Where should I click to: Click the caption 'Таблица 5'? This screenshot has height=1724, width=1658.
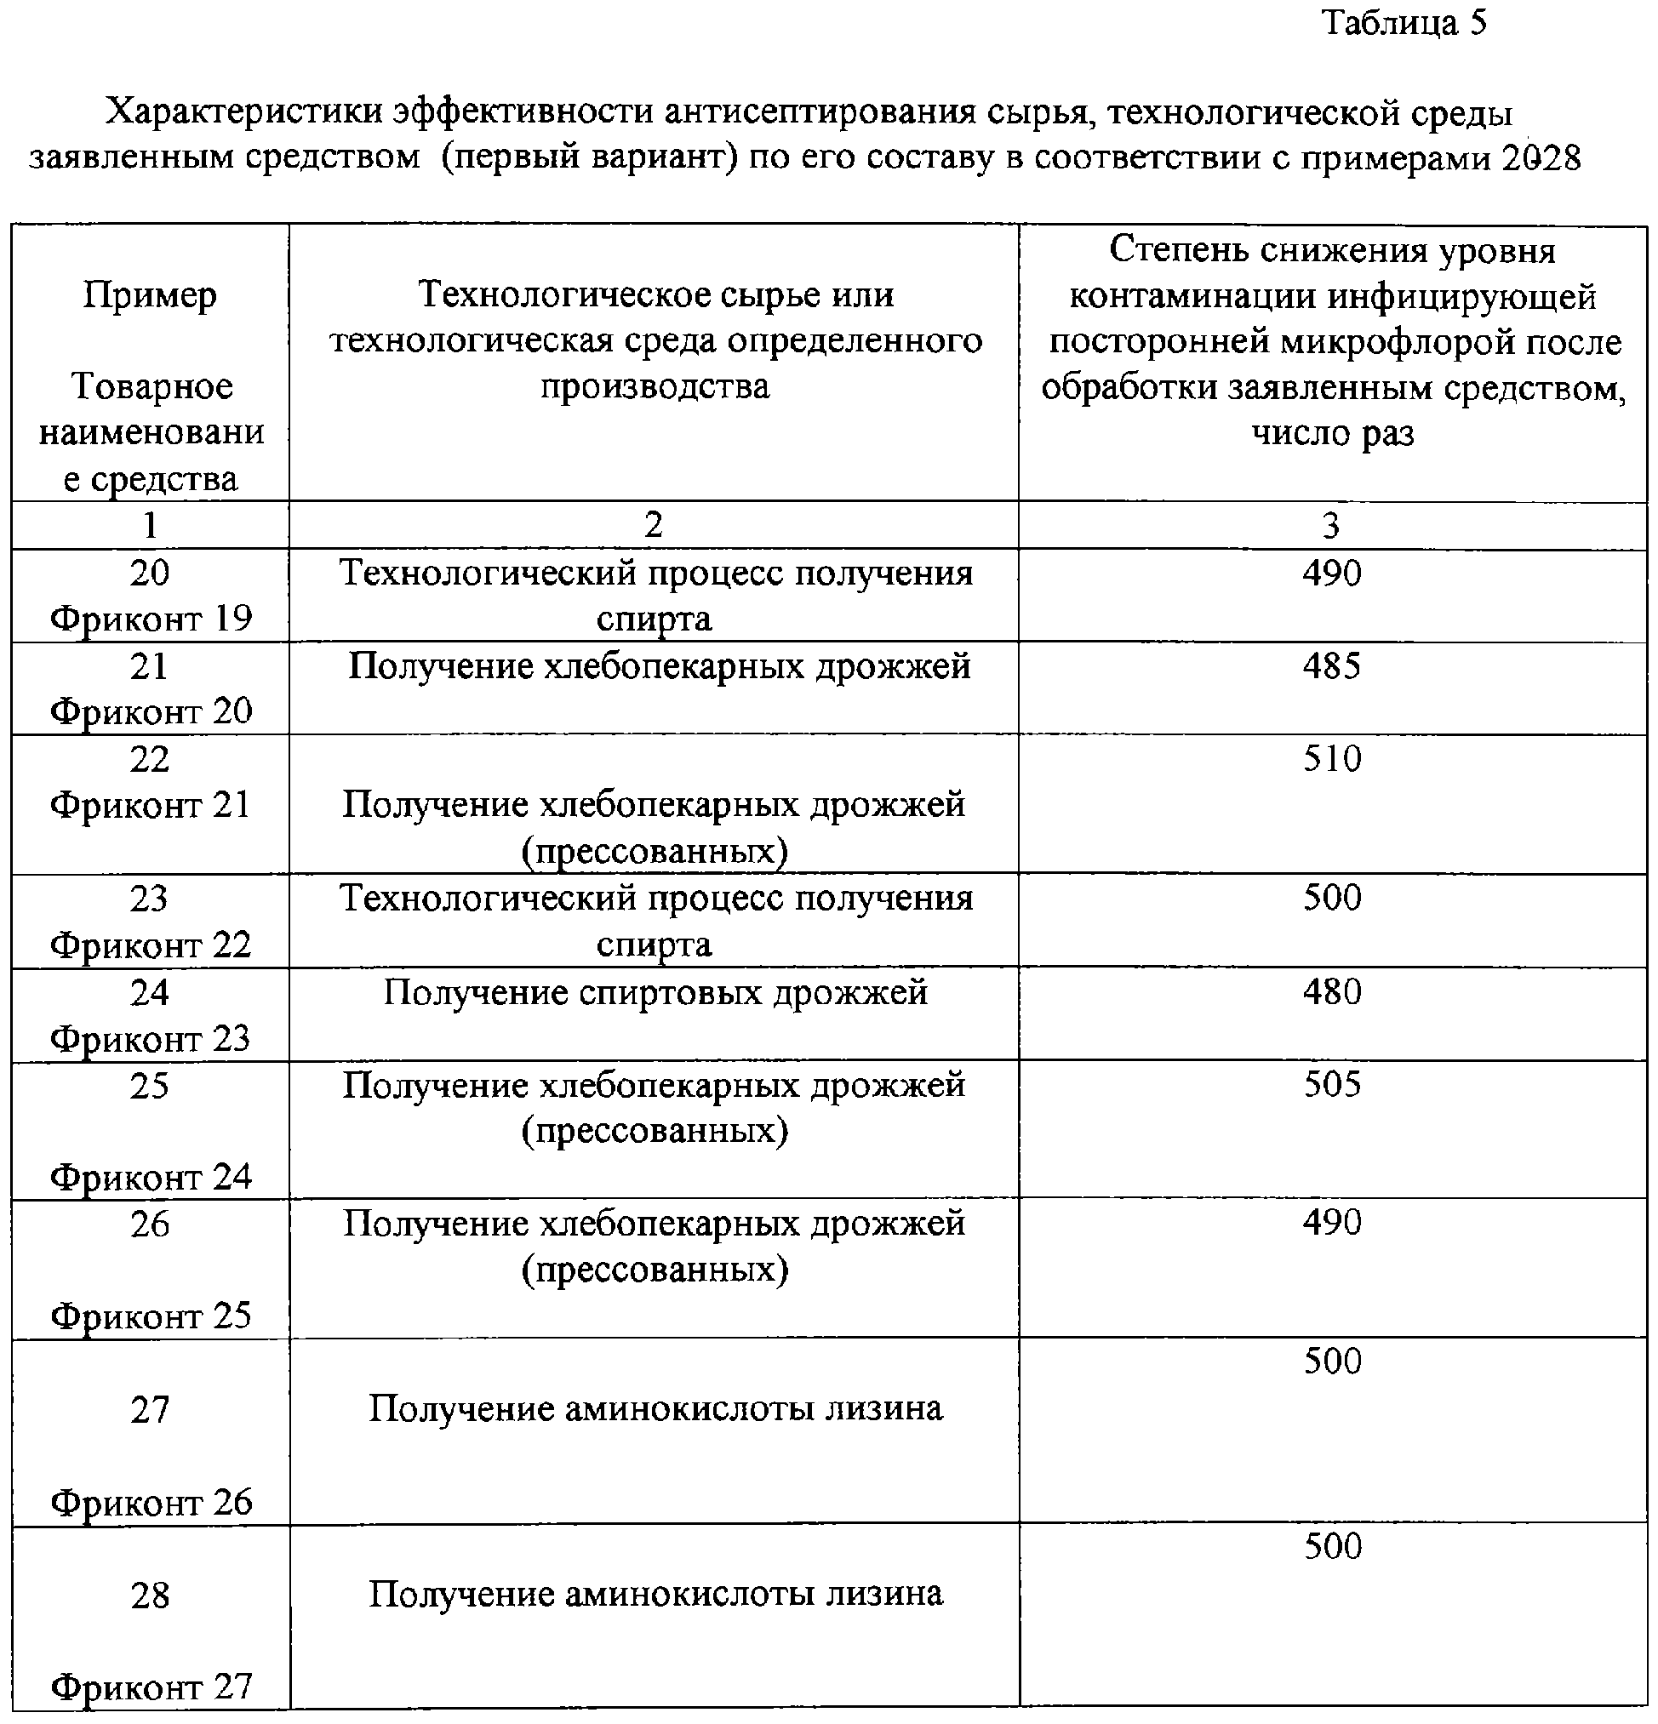click(1404, 23)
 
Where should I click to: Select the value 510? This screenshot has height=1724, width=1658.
click(1332, 759)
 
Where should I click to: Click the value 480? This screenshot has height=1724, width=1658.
click(1332, 992)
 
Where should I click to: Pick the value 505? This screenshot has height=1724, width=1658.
click(1332, 1085)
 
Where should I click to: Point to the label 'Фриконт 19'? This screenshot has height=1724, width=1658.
click(151, 619)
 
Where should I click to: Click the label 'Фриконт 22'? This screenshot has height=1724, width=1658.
click(151, 945)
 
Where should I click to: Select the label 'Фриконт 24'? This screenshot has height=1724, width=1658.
click(151, 1177)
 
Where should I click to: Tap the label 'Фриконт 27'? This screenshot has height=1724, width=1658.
click(151, 1687)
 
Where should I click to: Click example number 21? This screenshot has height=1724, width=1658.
click(149, 667)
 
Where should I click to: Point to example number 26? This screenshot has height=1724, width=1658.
click(149, 1224)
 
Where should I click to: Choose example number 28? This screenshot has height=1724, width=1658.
click(149, 1596)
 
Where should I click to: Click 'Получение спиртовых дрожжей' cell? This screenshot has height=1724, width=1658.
click(655, 993)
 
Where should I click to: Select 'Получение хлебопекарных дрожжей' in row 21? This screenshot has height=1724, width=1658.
click(659, 667)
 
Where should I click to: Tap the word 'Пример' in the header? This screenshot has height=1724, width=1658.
click(150, 295)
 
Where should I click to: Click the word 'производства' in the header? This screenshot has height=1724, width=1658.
click(655, 386)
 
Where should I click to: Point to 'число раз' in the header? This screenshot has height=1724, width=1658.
click(1333, 433)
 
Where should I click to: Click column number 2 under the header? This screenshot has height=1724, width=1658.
click(653, 525)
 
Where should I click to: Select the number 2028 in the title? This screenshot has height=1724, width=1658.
click(1541, 158)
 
